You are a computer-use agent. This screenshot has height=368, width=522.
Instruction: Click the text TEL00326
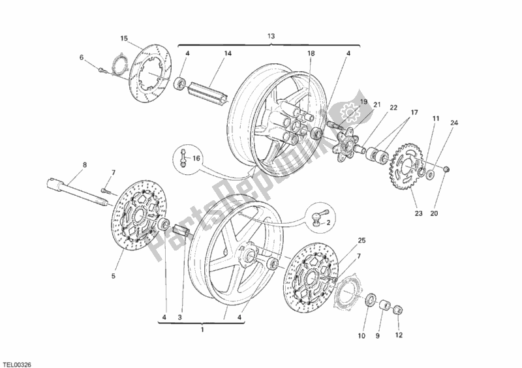pyautogui.click(x=17, y=360)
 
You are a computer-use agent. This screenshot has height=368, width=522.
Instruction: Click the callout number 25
pyautogui.click(x=362, y=241)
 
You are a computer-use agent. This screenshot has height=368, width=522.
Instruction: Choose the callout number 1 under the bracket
pyautogui.click(x=202, y=329)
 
